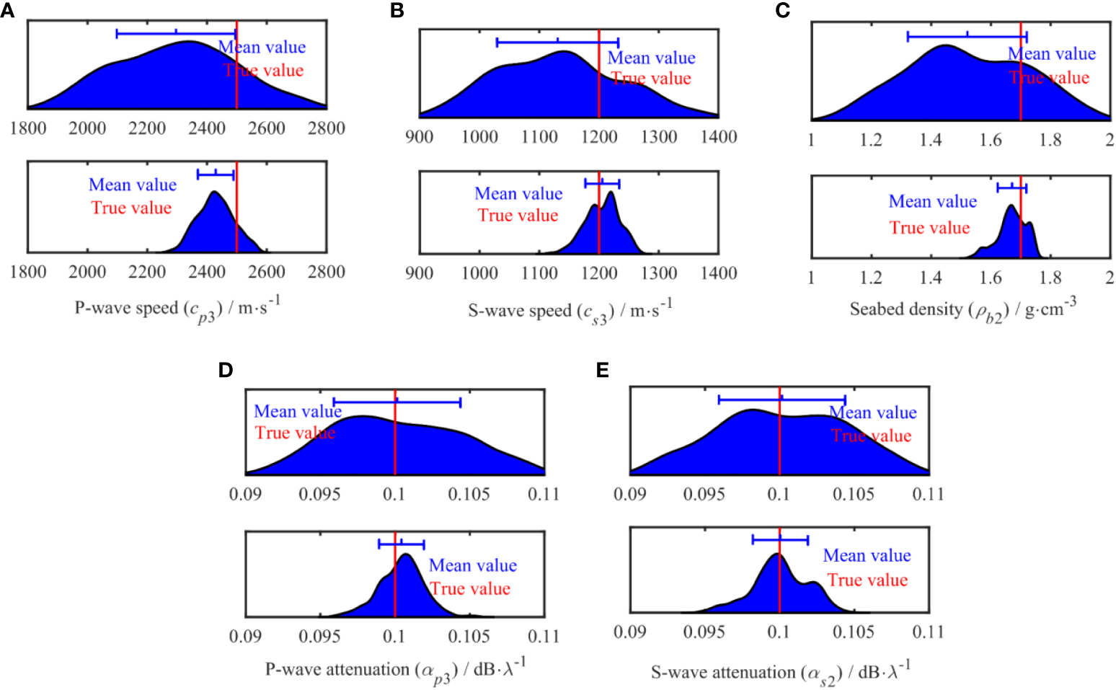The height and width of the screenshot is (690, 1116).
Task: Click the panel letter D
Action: (226, 370)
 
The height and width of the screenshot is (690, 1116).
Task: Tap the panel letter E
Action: (603, 370)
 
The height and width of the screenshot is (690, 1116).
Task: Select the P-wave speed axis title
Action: (177, 309)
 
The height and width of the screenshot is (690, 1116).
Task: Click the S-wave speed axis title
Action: (570, 311)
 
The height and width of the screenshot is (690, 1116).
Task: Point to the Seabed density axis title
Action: (962, 310)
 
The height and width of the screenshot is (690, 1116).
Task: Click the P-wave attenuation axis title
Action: (395, 670)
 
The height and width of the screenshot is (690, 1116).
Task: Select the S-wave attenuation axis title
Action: (780, 673)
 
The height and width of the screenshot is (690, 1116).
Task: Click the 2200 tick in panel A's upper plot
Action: (147, 128)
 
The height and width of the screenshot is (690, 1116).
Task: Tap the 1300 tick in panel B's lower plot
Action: (659, 273)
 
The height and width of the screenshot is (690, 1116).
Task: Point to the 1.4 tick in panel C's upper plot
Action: (931, 139)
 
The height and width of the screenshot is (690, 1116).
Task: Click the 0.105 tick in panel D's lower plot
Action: (469, 637)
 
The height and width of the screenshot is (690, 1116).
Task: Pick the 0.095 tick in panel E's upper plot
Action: (704, 494)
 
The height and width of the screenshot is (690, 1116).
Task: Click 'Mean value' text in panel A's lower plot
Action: (133, 185)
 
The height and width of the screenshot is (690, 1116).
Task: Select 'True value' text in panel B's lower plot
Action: (518, 216)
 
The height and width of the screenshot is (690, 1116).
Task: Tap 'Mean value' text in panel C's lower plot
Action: (932, 201)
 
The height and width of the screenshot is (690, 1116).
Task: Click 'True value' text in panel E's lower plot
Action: (867, 580)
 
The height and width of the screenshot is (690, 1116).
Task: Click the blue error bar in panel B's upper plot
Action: (557, 43)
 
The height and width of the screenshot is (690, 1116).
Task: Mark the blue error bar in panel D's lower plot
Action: (401, 544)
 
